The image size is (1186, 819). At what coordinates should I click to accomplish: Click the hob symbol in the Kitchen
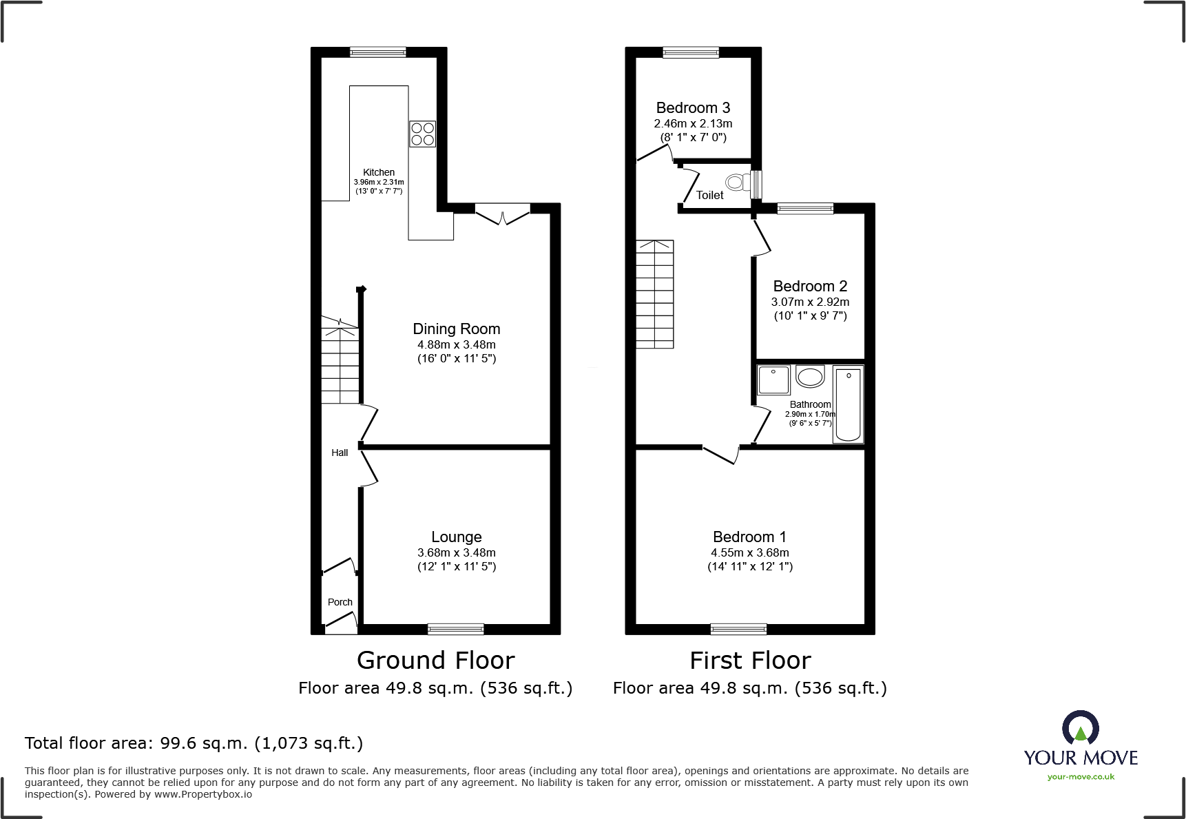[422, 134]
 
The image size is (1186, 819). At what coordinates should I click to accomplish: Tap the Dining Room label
[456, 329]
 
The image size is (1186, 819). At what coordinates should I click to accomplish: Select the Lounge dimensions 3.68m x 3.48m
[456, 552]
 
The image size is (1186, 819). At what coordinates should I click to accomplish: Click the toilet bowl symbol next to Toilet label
[738, 183]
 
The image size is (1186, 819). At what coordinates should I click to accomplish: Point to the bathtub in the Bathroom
[848, 404]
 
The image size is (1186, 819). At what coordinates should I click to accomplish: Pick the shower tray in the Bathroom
[773, 380]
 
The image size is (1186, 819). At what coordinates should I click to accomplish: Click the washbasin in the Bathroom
[810, 377]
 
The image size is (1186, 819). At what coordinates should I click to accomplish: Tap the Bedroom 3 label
[693, 108]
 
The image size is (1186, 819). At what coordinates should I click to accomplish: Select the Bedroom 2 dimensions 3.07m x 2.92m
[810, 302]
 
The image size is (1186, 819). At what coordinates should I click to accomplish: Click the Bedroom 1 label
[749, 537]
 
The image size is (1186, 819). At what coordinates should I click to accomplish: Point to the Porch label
[340, 602]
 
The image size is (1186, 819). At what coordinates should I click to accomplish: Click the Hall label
[340, 453]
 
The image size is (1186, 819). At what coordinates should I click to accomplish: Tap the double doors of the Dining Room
[503, 215]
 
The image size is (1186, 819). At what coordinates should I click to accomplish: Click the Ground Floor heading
[435, 661]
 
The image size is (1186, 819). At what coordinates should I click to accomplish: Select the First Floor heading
[750, 661]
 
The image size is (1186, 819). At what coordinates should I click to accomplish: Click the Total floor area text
[194, 743]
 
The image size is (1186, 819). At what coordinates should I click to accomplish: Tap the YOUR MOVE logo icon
[1080, 729]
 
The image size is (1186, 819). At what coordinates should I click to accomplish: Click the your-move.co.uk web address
[1081, 777]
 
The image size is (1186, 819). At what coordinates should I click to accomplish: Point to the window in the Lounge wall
[455, 628]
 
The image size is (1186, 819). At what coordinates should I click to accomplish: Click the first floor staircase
[654, 294]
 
